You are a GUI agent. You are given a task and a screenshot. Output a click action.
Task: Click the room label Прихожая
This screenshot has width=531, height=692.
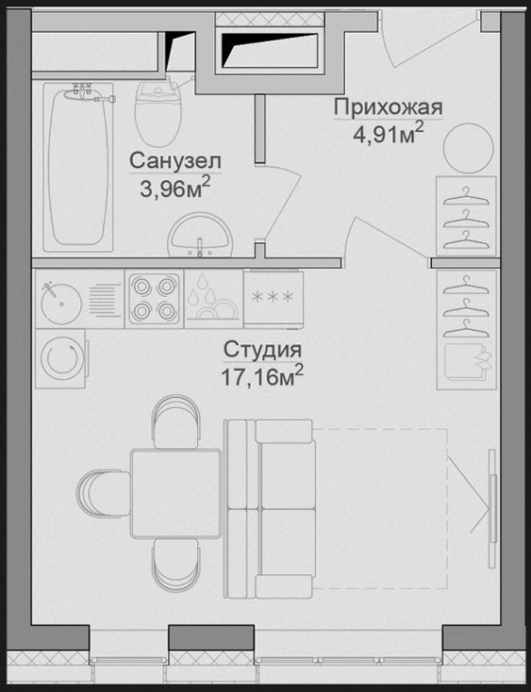[x=388, y=108]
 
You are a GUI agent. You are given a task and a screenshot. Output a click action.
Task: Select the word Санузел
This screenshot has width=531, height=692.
[x=175, y=161]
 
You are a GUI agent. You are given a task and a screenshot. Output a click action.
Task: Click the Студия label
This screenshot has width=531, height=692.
[x=263, y=351]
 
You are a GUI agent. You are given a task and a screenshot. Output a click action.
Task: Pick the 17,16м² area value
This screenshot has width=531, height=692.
[x=263, y=376]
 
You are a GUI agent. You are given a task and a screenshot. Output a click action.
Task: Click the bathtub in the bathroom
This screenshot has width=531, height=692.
[x=78, y=167]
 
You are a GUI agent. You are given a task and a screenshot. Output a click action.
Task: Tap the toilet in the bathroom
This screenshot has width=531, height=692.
[x=159, y=113]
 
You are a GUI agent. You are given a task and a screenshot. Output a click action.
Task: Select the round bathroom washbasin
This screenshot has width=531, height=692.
[x=200, y=235]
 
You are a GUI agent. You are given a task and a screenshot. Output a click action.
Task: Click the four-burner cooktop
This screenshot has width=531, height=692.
[x=153, y=299]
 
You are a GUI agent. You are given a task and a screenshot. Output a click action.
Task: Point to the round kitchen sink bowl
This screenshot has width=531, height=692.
[x=61, y=302]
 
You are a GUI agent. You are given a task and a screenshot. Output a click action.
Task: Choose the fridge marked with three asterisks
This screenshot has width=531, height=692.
[x=273, y=299]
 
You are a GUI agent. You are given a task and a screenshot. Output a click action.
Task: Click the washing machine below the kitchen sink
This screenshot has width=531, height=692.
[x=61, y=358]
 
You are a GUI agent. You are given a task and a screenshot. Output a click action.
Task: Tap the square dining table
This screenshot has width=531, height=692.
[x=176, y=493]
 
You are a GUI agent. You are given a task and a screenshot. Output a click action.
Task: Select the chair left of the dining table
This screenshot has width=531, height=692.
[x=104, y=492]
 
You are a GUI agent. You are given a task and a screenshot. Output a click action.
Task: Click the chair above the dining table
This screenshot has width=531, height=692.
[x=175, y=423]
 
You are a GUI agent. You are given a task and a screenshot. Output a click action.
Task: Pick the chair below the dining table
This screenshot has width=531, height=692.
[x=175, y=564]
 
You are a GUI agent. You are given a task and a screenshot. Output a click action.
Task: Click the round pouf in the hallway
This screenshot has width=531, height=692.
[x=468, y=148]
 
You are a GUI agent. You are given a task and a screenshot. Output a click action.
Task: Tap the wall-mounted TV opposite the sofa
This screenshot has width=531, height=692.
[x=492, y=508]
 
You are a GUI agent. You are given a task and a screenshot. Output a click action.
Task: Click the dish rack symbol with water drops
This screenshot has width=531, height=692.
[x=213, y=299]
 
